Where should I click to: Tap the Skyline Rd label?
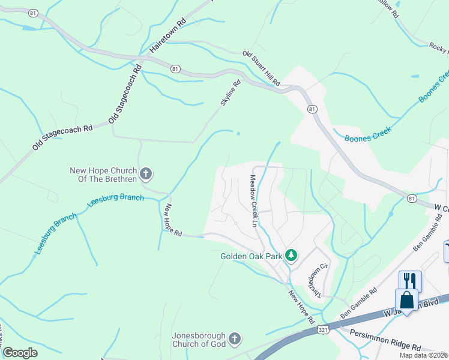tap(230, 93)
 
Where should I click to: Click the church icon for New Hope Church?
tap(145, 175)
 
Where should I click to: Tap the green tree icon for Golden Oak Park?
tap(291, 256)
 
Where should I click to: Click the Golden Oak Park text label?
tap(252, 256)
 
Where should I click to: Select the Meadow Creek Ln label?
tap(253, 201)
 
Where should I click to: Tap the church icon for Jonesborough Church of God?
tap(235, 340)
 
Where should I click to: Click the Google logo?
tap(20, 352)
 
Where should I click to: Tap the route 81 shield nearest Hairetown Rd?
tap(175, 69)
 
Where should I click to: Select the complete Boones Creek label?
tap(368, 134)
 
